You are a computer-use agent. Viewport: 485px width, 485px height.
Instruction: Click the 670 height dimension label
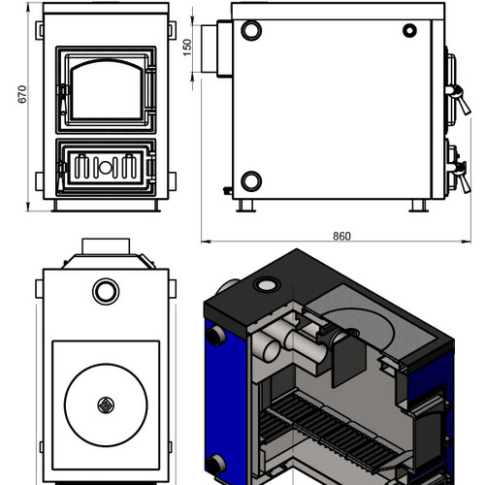[x=22, y=94]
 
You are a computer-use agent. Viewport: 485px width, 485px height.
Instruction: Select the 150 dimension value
[x=187, y=48]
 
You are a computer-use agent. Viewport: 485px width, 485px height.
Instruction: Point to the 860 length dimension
[x=341, y=236]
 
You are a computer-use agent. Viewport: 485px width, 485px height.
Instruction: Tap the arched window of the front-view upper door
[x=107, y=89]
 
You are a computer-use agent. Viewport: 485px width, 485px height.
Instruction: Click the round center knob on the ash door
[x=105, y=167]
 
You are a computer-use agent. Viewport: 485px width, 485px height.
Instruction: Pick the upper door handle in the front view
[x=62, y=99]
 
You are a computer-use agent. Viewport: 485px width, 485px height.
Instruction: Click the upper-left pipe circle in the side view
[x=251, y=30]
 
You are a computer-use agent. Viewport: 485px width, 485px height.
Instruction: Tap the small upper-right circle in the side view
[x=409, y=31]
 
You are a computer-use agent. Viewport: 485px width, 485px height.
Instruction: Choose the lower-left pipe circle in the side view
[x=251, y=181]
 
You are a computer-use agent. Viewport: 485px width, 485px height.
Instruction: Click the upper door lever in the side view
[x=459, y=99]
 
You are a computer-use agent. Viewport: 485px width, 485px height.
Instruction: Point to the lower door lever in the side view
[x=460, y=177]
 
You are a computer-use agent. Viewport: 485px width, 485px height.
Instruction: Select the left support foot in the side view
[x=246, y=206]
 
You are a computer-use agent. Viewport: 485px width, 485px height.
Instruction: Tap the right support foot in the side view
[x=419, y=206]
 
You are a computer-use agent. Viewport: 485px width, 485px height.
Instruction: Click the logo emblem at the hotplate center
[x=106, y=404]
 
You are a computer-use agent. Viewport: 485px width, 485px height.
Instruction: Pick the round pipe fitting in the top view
[x=106, y=291]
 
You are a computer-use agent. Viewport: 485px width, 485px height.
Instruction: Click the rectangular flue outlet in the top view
[x=106, y=246]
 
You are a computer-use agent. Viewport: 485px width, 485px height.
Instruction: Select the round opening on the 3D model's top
[x=267, y=285]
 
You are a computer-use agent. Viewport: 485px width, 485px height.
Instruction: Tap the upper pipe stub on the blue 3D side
[x=215, y=336]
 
